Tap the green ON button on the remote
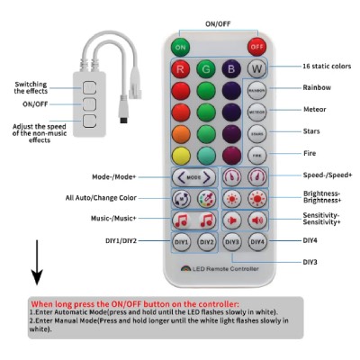click(181, 46)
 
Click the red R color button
click(181, 68)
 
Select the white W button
click(256, 68)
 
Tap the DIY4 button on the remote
click(257, 242)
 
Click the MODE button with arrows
click(193, 177)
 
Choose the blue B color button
click(231, 68)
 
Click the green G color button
click(206, 68)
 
